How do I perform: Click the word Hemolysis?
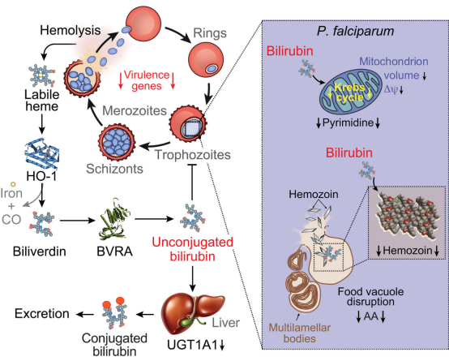click(71, 30)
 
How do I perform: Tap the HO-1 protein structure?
click(41, 154)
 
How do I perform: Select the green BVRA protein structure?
click(114, 219)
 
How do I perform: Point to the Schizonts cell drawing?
click(117, 142)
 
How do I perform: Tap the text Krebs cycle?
click(349, 92)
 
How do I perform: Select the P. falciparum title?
click(355, 32)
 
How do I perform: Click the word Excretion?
click(42, 314)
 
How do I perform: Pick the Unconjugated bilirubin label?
click(192, 249)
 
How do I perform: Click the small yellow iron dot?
click(13, 184)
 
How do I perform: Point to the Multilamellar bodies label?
click(300, 333)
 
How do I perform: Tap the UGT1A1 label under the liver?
click(192, 345)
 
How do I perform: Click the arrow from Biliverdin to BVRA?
click(77, 221)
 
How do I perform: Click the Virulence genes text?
click(147, 80)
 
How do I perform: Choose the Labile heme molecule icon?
click(42, 76)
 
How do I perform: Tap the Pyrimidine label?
click(348, 122)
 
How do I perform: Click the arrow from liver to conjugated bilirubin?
click(146, 315)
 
